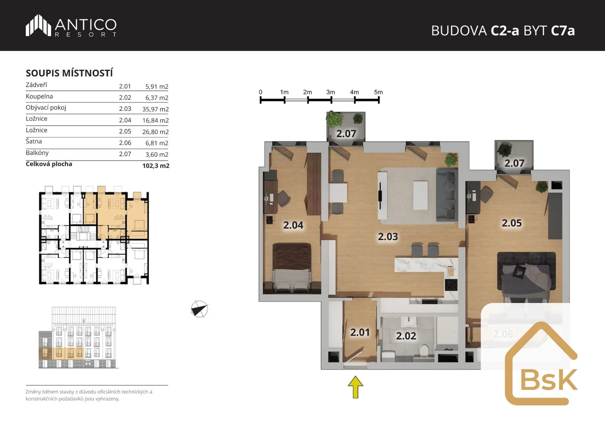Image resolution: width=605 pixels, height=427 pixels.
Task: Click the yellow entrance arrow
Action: click(355, 387)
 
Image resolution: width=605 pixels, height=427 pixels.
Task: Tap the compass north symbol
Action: click(199, 309)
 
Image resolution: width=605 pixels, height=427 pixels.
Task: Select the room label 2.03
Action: click(388, 237)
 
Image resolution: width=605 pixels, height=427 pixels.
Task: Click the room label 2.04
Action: click(294, 225)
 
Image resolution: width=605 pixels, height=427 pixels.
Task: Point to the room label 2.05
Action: click(511, 223)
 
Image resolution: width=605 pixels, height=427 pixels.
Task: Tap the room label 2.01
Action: click(360, 332)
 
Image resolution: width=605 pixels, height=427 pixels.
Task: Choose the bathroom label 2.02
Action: click(406, 336)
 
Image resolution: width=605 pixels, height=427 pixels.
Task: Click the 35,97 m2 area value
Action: click(156, 109)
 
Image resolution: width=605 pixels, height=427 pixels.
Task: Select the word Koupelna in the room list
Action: click(39, 96)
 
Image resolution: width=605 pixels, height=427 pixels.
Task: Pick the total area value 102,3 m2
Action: click(156, 166)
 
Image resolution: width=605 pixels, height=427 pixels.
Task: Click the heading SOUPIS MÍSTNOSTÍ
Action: click(69, 73)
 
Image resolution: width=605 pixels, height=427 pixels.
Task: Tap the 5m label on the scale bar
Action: click(379, 92)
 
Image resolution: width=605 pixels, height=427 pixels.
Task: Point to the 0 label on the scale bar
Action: click(260, 92)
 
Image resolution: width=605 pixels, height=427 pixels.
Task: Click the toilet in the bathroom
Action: click(425, 351)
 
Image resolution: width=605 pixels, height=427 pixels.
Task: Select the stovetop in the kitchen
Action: click(451, 285)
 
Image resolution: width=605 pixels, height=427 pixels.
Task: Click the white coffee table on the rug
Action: click(421, 195)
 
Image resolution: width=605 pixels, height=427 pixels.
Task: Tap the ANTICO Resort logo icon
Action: click(38, 25)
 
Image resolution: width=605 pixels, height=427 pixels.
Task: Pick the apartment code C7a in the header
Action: click(563, 31)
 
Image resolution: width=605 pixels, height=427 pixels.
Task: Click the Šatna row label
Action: click(34, 141)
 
